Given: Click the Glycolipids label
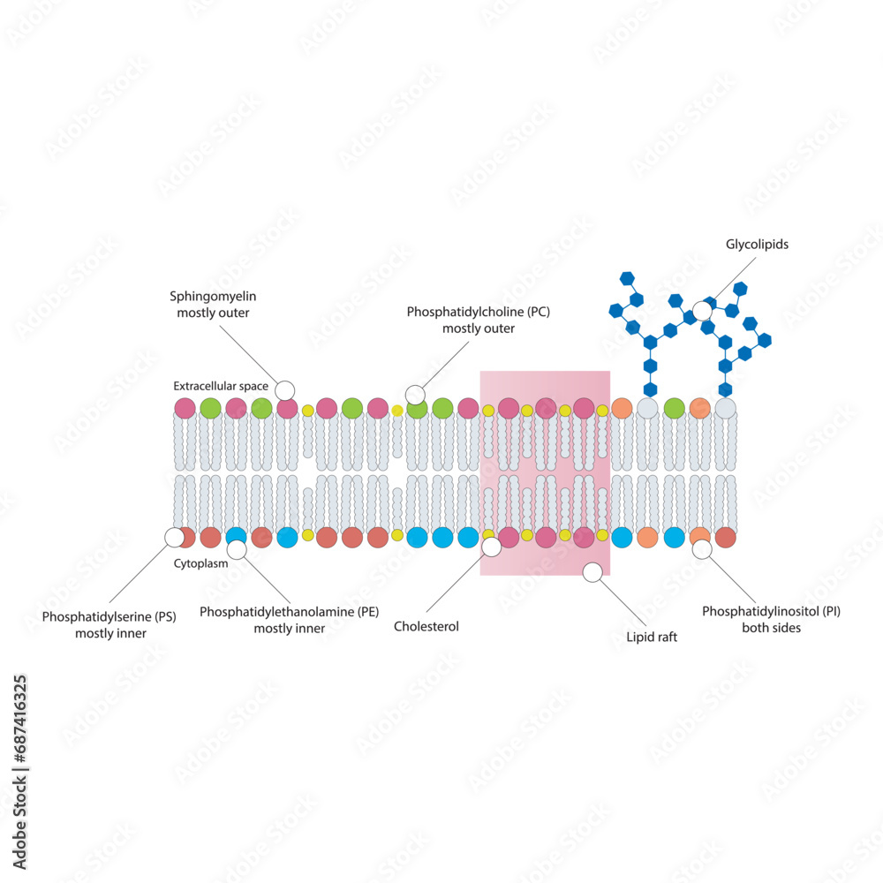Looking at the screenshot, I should click(x=757, y=245).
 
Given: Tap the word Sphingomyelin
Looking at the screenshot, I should click(x=213, y=297).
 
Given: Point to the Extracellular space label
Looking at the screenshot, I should click(x=221, y=386).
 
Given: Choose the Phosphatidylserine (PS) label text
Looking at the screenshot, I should click(x=109, y=616).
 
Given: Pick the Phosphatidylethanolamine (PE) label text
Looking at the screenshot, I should click(x=289, y=611).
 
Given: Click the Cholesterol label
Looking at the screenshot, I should click(x=426, y=627).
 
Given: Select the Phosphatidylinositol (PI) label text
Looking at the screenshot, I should click(x=771, y=611).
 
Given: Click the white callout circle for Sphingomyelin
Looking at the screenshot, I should click(x=284, y=390).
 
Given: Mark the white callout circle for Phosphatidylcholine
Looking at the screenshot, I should click(x=414, y=394).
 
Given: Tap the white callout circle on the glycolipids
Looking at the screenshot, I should click(x=702, y=310).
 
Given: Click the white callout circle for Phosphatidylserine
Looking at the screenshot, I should click(x=175, y=537).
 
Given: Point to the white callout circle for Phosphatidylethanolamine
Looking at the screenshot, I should click(x=236, y=550).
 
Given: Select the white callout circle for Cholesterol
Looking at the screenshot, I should click(x=492, y=547).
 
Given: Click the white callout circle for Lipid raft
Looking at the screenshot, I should click(x=592, y=572).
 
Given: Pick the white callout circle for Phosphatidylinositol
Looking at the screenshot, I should click(x=702, y=549).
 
